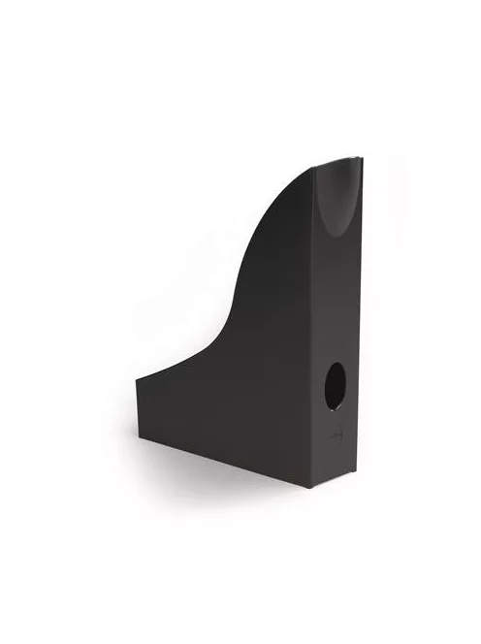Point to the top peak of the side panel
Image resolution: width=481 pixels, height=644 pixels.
pos(312,168)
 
